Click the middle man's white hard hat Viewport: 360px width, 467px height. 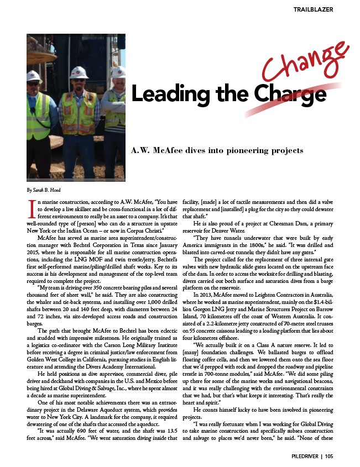tap(79, 72)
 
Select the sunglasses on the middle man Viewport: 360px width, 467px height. tap(79, 81)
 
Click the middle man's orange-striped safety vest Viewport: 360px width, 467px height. tap(80, 113)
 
